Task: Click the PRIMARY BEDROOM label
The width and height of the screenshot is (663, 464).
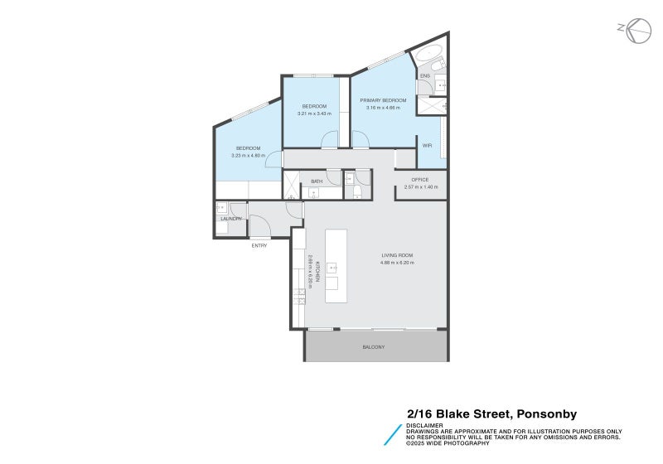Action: click(380, 100)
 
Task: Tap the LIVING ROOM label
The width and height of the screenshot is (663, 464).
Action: click(397, 255)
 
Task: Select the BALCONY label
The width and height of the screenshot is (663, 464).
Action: click(374, 346)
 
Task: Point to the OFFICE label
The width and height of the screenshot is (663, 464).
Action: click(420, 180)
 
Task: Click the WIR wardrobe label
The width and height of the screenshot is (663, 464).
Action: click(427, 145)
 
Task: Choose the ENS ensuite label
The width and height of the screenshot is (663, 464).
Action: click(424, 76)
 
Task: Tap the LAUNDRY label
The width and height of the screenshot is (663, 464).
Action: click(231, 219)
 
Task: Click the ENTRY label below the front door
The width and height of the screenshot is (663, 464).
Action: click(260, 246)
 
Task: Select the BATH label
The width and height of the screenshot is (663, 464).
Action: click(317, 181)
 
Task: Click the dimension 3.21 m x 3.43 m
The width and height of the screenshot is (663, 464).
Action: click(314, 114)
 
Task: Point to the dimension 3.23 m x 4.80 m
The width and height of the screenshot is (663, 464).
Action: click(248, 155)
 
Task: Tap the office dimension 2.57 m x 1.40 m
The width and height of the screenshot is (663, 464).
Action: click(420, 187)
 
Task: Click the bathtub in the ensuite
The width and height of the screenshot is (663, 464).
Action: click(429, 58)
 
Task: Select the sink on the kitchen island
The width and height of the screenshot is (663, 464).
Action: click(332, 268)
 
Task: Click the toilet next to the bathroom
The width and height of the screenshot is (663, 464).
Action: click(357, 191)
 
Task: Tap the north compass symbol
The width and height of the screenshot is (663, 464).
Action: click(637, 31)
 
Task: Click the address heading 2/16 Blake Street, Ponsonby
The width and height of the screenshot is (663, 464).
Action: click(491, 413)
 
